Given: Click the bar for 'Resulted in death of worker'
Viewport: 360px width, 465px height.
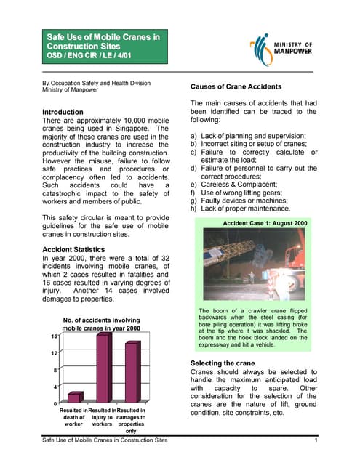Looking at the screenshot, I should tap(74, 397).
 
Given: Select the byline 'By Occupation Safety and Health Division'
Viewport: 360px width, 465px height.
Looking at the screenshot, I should tap(97, 82).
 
